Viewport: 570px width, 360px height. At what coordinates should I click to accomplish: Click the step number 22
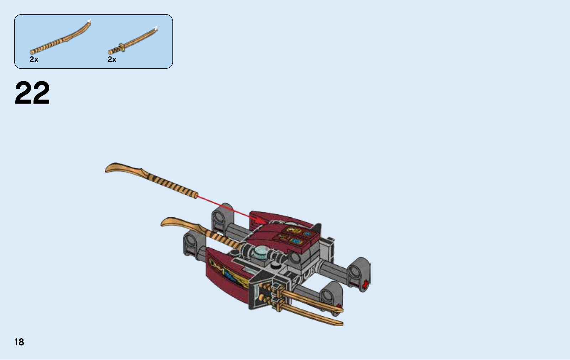pos(32,93)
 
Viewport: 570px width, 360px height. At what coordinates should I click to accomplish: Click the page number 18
pos(19,342)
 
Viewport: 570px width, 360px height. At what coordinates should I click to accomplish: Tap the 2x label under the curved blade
pos(34,59)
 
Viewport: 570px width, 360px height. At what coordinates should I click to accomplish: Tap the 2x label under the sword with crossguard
pos(112,59)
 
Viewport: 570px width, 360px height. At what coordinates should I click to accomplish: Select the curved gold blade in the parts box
pos(60,38)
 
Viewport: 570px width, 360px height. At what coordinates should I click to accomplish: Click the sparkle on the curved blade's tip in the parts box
pos(89,21)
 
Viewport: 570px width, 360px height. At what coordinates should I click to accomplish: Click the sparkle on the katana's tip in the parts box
pos(156,28)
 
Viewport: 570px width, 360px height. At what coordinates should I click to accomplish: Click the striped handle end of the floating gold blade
pos(196,195)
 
